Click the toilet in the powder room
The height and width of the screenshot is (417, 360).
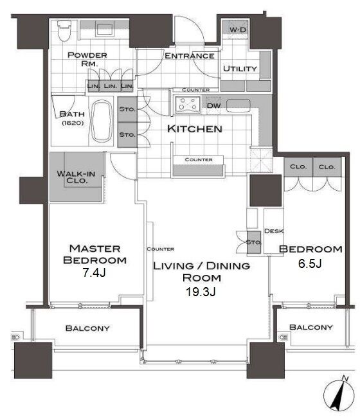click(64, 31)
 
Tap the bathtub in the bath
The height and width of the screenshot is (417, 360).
click(102, 121)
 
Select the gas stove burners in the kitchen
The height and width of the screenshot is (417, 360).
click(187, 104)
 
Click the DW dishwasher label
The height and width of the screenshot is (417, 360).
click(213, 105)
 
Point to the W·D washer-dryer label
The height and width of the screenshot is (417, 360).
click(238, 30)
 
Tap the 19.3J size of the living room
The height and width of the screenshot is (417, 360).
click(201, 292)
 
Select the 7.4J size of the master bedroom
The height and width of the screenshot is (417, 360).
click(94, 272)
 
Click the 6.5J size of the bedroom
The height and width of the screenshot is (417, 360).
click(310, 263)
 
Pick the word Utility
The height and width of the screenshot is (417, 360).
click(240, 69)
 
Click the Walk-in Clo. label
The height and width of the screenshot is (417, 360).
click(76, 177)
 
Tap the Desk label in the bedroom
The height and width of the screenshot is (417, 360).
click(273, 231)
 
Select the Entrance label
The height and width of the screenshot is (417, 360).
click(190, 56)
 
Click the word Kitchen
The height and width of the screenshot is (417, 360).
click(195, 129)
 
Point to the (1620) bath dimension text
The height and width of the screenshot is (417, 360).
click(73, 123)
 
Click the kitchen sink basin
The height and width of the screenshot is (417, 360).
click(238, 105)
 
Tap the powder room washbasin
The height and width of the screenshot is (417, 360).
click(105, 30)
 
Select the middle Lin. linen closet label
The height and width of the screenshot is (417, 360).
click(110, 86)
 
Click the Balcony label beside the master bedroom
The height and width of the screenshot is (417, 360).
click(87, 328)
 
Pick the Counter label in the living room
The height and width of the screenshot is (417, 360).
click(161, 249)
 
